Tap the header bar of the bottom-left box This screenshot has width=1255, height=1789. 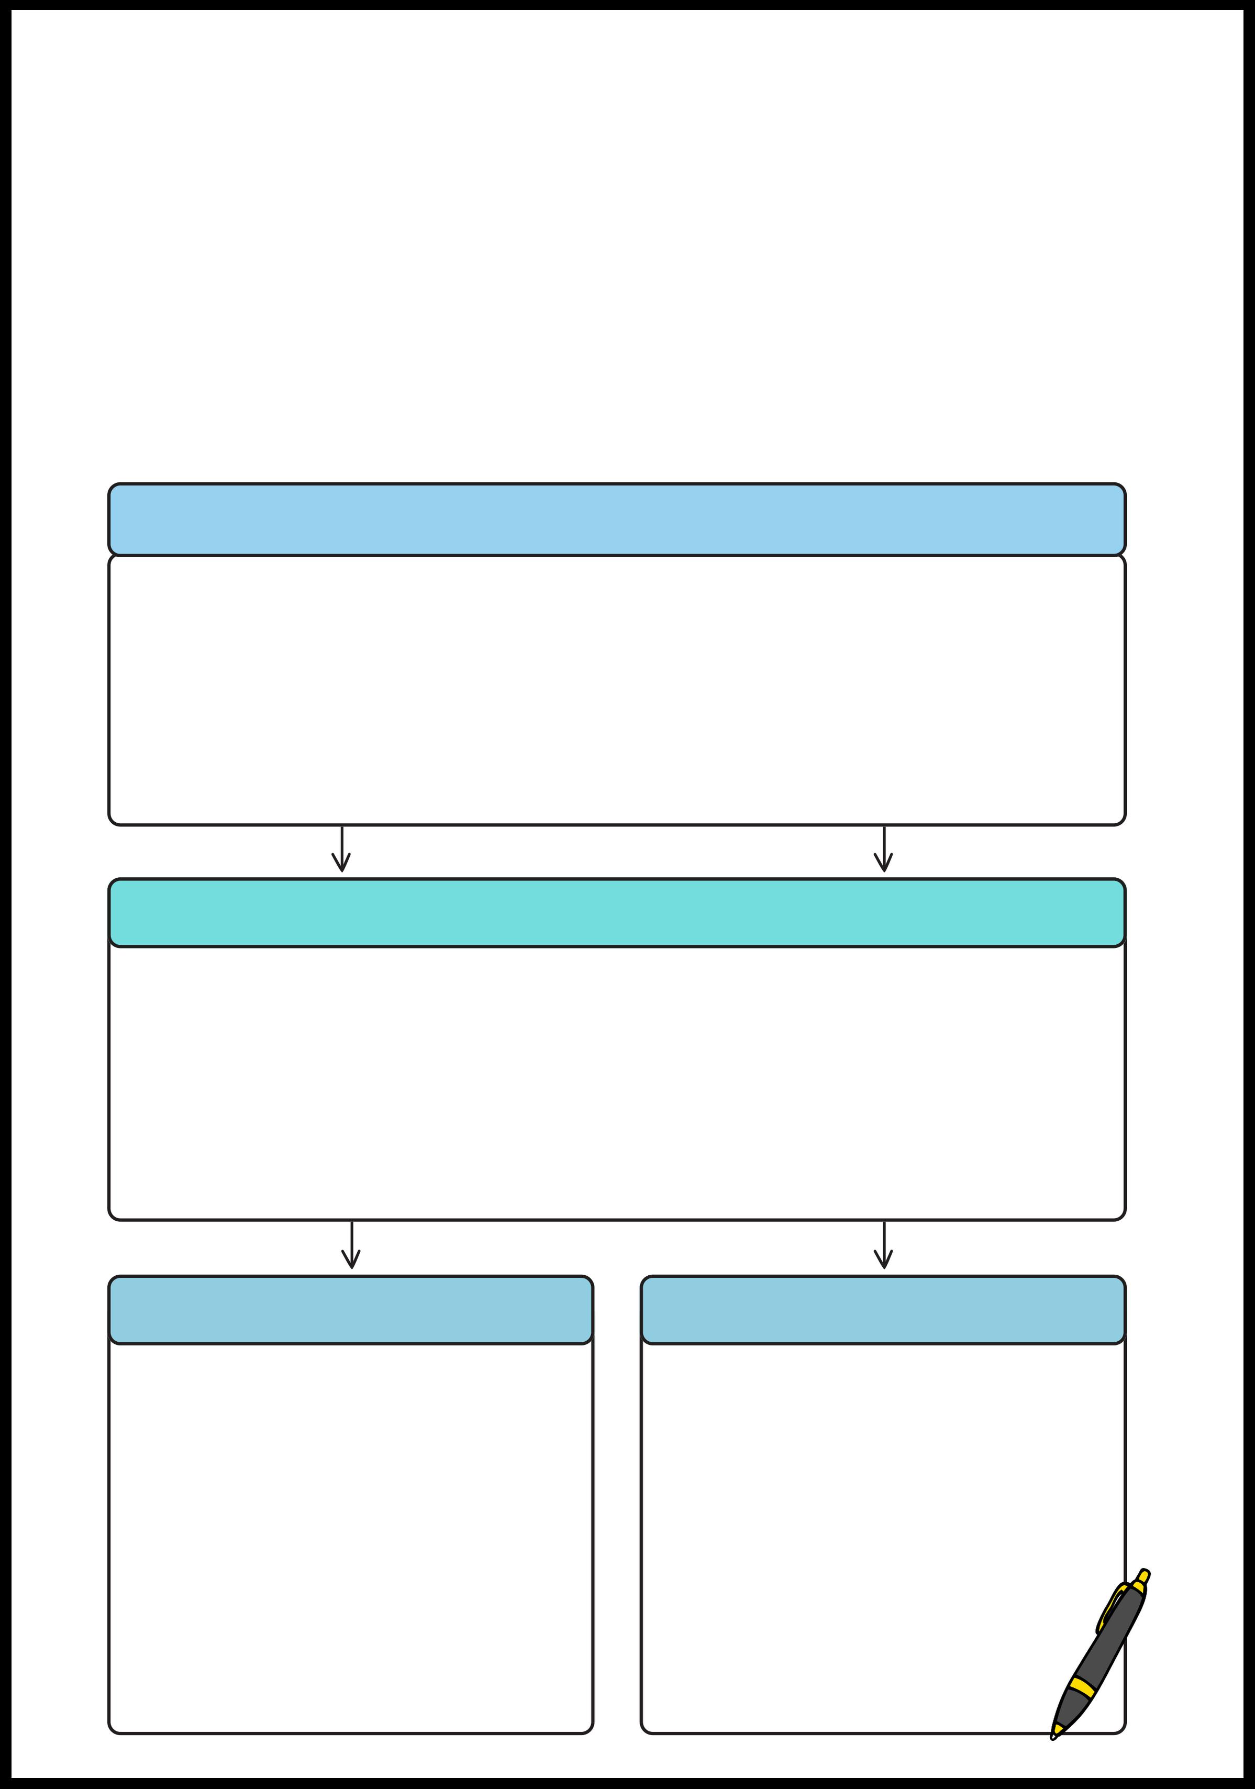351,1310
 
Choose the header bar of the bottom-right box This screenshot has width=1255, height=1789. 883,1310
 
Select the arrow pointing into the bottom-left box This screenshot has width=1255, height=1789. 351,1244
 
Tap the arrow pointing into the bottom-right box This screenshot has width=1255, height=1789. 883,1244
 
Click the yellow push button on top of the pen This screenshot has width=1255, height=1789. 1143,1576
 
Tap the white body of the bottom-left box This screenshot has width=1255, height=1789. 351,1535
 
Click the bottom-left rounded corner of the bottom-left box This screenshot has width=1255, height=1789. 113,1729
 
